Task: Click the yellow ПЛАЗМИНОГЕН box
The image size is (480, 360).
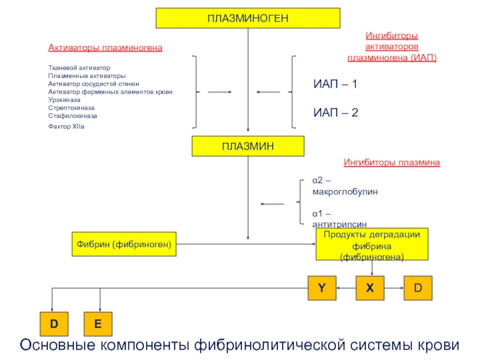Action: (x=248, y=19)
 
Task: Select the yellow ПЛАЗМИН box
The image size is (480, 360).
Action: (x=248, y=146)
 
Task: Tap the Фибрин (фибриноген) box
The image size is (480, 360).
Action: (x=124, y=244)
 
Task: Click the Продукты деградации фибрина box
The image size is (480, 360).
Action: (x=372, y=244)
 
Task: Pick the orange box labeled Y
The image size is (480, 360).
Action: (x=322, y=288)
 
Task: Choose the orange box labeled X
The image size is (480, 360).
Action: (x=370, y=288)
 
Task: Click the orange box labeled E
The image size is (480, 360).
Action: (x=98, y=324)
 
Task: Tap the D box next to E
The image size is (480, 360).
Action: (x=54, y=324)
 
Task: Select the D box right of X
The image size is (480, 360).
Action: (x=418, y=288)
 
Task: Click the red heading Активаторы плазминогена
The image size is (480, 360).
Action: (x=106, y=48)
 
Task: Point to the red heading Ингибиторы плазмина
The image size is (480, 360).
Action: (x=392, y=162)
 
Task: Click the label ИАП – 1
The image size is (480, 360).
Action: (x=335, y=84)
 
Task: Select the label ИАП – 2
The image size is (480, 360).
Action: (x=335, y=113)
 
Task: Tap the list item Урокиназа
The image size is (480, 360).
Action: (x=64, y=100)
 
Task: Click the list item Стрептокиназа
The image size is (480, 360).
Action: (x=71, y=108)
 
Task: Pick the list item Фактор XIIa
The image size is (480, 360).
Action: (x=66, y=127)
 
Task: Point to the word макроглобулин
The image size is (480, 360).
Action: (x=345, y=192)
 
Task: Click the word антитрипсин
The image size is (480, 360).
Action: (x=340, y=224)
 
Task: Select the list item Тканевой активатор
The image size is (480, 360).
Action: (x=79, y=68)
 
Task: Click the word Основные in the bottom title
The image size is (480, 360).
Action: (x=58, y=345)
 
